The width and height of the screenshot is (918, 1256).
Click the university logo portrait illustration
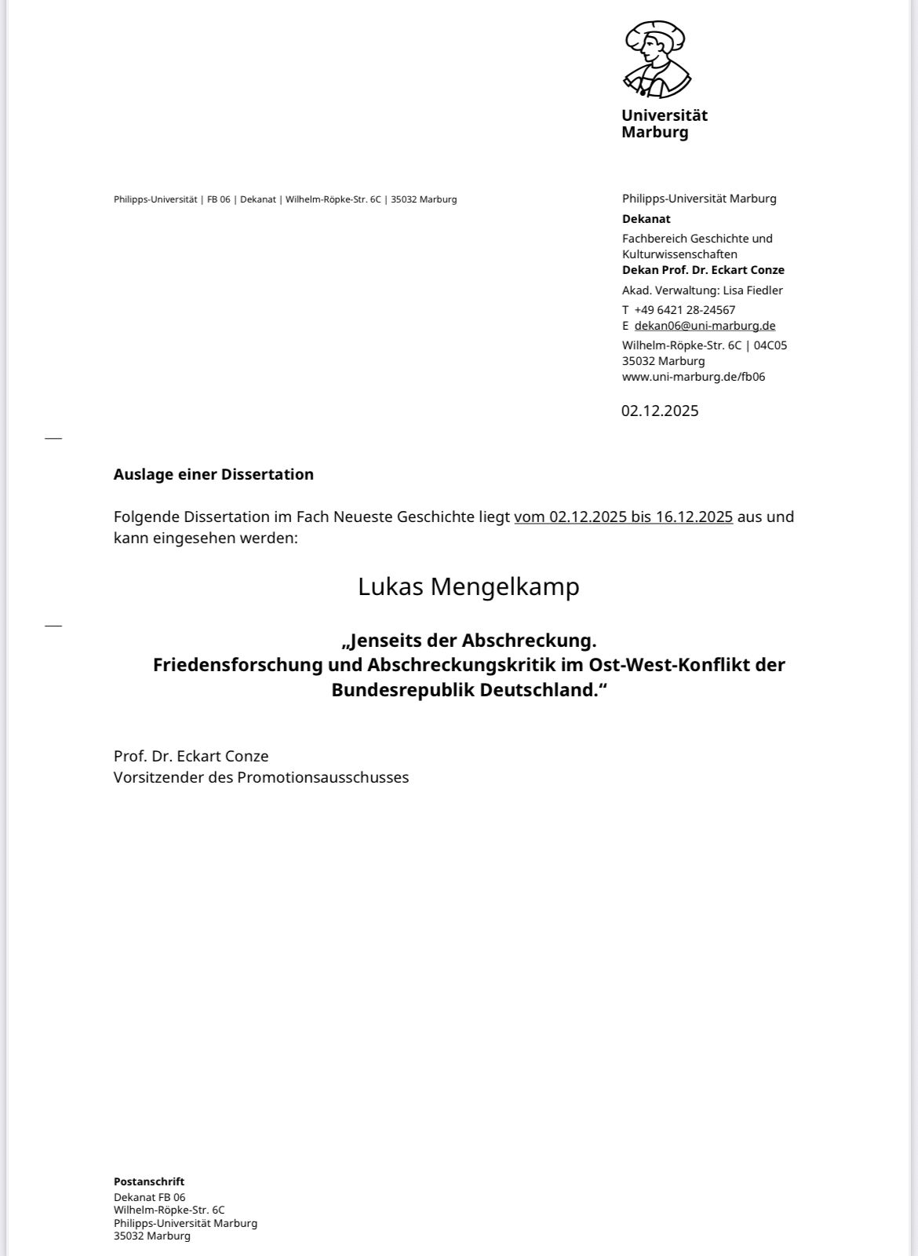pyautogui.click(x=657, y=59)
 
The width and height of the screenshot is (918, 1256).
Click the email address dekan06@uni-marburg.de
pyautogui.click(x=705, y=326)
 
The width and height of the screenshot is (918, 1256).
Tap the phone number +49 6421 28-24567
pyautogui.click(x=685, y=310)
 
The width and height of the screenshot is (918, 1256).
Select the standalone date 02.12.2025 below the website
pyautogui.click(x=660, y=411)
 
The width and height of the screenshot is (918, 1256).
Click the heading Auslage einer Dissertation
pyautogui.click(x=213, y=474)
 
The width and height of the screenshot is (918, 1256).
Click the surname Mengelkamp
pyautogui.click(x=505, y=586)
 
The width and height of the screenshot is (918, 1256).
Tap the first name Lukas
pyautogui.click(x=388, y=586)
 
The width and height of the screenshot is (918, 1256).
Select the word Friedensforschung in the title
pyautogui.click(x=238, y=665)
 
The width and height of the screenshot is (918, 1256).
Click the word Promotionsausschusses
pyautogui.click(x=323, y=777)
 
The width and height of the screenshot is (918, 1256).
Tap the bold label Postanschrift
pyautogui.click(x=149, y=1181)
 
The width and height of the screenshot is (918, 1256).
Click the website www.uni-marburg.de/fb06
pyautogui.click(x=694, y=377)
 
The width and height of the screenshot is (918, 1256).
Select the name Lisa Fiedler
pyautogui.click(x=753, y=290)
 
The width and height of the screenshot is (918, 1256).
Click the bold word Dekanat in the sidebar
pyautogui.click(x=647, y=219)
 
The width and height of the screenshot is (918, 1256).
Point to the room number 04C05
pyautogui.click(x=770, y=345)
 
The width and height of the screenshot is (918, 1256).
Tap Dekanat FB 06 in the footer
pyautogui.click(x=150, y=1197)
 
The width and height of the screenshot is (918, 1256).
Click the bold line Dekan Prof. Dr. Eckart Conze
pyautogui.click(x=703, y=270)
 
